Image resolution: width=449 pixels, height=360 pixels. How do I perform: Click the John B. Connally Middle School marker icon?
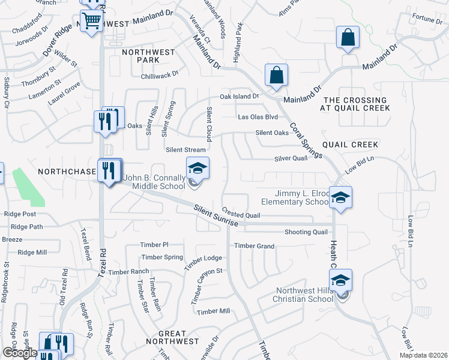pyautogui.click(x=197, y=168)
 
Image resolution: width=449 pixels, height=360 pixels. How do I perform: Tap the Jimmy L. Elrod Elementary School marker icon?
pyautogui.click(x=340, y=197)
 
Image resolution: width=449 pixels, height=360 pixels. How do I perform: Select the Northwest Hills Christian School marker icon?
pyautogui.click(x=340, y=280)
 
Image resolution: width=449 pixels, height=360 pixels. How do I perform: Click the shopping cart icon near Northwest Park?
pyautogui.click(x=91, y=21)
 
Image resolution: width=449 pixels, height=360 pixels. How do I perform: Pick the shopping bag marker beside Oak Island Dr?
pyautogui.click(x=276, y=76)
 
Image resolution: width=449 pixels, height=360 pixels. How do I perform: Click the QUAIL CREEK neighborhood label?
pyautogui.click(x=350, y=145)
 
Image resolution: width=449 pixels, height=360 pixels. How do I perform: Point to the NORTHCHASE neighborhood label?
pyautogui.click(x=67, y=172)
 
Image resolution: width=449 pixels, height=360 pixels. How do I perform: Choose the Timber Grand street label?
pyautogui.click(x=254, y=246)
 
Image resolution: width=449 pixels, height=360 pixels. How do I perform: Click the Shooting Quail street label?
pyautogui.click(x=306, y=232)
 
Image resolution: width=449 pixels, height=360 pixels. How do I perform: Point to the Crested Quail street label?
pyautogui.click(x=241, y=213)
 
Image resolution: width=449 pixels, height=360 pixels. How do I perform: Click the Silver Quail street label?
pyautogui.click(x=291, y=158)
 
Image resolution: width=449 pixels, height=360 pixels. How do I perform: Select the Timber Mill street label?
pyautogui.click(x=214, y=311)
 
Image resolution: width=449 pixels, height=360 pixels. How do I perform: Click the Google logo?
pyautogui.click(x=20, y=353)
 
